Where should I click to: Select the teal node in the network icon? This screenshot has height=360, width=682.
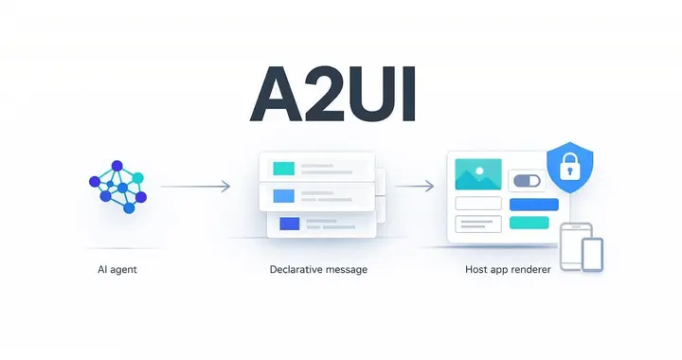138,177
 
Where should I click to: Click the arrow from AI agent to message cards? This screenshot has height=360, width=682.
195,187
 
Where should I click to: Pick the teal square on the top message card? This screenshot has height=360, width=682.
284,169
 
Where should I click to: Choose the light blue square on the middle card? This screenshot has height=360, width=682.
284,197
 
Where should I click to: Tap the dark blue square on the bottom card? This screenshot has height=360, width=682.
288,224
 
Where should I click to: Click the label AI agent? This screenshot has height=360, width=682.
117,270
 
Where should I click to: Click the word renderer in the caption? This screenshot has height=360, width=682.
527,270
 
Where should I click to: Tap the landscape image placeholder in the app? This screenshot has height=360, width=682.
477,174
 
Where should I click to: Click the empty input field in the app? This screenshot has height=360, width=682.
477,204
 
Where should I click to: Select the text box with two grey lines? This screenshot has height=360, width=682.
477,224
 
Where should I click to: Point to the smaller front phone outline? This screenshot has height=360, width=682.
591,254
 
